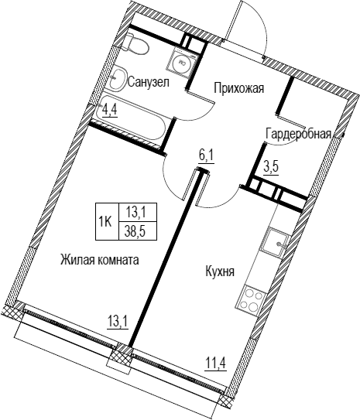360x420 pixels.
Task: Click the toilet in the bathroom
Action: (x=136, y=44)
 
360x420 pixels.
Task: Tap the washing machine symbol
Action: (x=182, y=63)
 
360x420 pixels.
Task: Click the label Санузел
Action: (x=149, y=82)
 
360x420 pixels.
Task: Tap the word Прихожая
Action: (x=239, y=88)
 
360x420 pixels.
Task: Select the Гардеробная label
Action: (x=298, y=134)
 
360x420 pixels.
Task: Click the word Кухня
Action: (x=220, y=271)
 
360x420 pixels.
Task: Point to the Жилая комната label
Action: (x=100, y=260)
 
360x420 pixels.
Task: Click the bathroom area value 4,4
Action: (x=111, y=110)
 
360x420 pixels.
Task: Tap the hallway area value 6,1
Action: (x=206, y=156)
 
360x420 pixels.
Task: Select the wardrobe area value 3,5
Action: (x=272, y=168)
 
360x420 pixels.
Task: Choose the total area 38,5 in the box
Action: (x=138, y=231)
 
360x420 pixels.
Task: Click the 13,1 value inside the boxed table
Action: (x=138, y=212)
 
